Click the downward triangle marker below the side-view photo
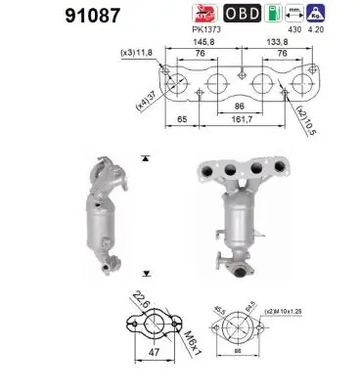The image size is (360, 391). (145, 275)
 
